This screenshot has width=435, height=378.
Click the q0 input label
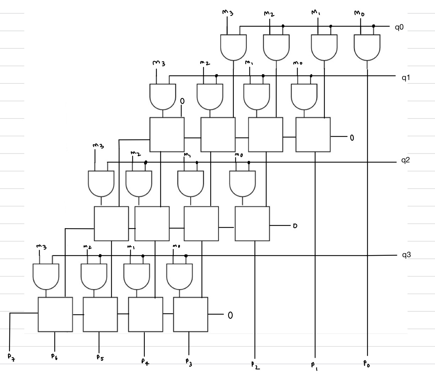click(x=399, y=27)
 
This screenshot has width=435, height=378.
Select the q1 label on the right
click(x=406, y=78)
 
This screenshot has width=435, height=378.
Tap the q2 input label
click(x=405, y=160)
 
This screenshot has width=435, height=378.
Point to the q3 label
click(x=406, y=255)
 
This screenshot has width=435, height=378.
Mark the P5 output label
click(x=100, y=358)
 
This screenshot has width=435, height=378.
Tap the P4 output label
click(x=145, y=361)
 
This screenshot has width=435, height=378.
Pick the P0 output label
click(x=367, y=364)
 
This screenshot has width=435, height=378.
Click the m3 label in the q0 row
click(x=228, y=13)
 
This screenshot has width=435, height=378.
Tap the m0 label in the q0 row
click(x=359, y=14)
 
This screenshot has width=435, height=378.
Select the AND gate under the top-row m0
click(x=367, y=47)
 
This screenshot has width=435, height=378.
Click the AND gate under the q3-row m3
click(x=46, y=276)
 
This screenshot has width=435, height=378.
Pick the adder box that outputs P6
click(x=55, y=314)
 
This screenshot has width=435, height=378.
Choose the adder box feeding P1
click(x=313, y=135)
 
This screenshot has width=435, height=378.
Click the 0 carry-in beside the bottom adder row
click(x=230, y=315)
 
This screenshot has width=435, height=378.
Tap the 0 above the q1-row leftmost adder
click(x=182, y=101)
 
